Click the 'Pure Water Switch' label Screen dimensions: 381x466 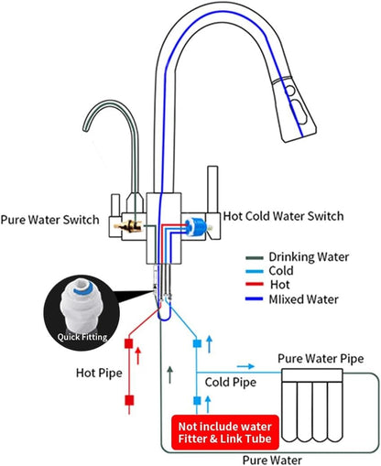coord(50,220)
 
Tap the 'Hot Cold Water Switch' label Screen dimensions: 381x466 coord(283,216)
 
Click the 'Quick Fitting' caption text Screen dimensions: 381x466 coord(82,337)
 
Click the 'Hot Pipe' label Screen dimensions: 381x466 coord(99,373)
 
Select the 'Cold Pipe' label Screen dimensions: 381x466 coord(231,383)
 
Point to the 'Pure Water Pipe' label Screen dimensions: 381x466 coord(321,359)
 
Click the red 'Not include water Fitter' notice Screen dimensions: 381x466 coord(225,432)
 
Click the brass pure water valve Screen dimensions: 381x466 coord(128,226)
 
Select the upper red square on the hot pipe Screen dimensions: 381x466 coord(129,343)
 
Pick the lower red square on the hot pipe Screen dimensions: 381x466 coord(129,400)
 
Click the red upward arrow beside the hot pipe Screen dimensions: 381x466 coord(138,355)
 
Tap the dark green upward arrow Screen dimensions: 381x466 coord(170,375)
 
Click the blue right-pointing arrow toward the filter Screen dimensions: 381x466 coord(245,366)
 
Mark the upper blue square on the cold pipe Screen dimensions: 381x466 coord(197,344)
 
